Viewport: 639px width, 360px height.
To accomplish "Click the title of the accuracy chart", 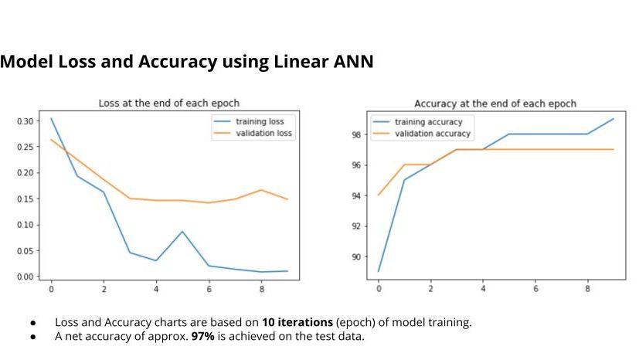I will click(x=495, y=104).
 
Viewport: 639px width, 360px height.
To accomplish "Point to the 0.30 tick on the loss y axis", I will click(x=26, y=121).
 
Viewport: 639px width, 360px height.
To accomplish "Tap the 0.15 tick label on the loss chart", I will click(x=26, y=199).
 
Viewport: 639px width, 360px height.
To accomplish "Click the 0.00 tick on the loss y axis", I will click(x=26, y=277).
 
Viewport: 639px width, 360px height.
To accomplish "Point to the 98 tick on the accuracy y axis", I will click(x=356, y=134).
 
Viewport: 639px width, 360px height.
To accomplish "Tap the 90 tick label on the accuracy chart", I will click(x=356, y=256).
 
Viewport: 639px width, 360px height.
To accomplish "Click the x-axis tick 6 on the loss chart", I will click(x=209, y=290).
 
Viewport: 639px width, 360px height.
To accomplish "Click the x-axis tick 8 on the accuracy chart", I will click(x=587, y=290).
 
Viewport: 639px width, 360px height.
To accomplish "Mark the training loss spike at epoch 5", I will click(x=182, y=232).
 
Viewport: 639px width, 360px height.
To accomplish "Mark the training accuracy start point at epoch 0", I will click(x=379, y=271).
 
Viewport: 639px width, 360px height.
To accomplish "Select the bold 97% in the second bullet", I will click(x=202, y=336).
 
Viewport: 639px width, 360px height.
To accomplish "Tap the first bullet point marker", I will click(x=32, y=322).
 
